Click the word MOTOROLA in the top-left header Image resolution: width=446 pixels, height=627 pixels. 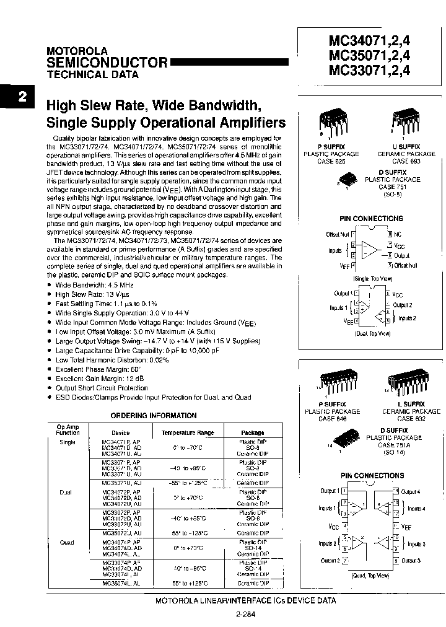coord(77,51)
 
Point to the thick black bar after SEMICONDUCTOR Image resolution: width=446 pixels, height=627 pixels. coord(229,62)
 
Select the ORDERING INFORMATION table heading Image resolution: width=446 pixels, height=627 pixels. coord(154,416)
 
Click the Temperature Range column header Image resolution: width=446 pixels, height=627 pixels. coord(188,433)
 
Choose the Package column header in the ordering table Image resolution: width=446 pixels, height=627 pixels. coord(253,433)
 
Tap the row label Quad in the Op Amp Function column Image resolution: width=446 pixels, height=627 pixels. coord(67,543)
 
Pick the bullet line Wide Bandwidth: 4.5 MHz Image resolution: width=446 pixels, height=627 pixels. coord(94,286)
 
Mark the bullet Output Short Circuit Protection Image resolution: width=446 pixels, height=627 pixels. coord(102,388)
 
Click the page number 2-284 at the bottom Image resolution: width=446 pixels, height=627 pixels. coord(246,615)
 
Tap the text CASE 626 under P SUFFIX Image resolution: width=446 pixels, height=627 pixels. coord(331,161)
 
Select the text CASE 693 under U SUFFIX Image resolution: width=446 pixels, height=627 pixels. coord(406,161)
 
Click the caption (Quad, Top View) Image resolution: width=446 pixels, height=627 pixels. coord(371,576)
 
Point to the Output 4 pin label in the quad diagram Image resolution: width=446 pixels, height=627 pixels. coord(410,491)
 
